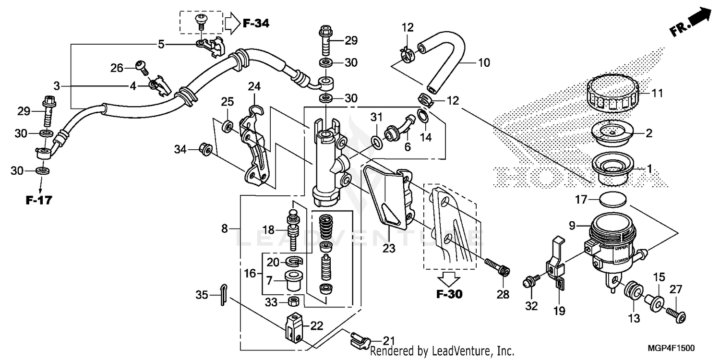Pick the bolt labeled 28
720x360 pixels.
(498, 268)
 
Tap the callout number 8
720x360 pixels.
(224, 229)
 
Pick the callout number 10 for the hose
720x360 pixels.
(484, 62)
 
